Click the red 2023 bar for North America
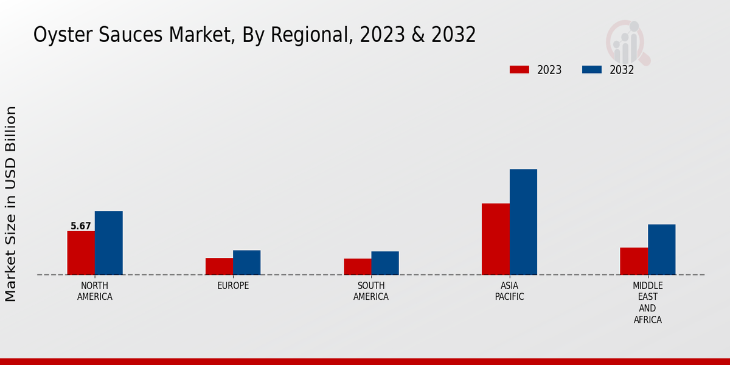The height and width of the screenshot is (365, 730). tap(81, 253)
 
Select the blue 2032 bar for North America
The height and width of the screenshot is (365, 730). tap(108, 243)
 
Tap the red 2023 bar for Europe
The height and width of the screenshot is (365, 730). tap(219, 266)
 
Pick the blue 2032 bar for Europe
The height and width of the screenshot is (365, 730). tap(246, 263)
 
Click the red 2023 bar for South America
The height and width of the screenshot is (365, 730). tap(357, 266)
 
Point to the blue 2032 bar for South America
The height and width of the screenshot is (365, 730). tap(385, 263)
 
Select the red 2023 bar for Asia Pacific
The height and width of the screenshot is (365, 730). tap(495, 239)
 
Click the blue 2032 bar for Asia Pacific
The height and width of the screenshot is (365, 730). tap(523, 222)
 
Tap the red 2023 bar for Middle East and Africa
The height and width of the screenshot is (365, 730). tap(634, 261)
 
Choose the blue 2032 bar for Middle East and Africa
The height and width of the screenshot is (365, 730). tap(661, 249)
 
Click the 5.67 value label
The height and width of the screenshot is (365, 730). tap(81, 226)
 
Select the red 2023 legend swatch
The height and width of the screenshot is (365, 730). tap(519, 69)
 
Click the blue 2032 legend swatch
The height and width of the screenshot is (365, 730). tap(591, 69)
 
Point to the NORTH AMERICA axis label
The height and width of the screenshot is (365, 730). tap(95, 291)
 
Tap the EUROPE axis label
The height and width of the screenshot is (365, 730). tap(233, 286)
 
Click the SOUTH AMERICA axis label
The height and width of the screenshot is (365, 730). tap(371, 291)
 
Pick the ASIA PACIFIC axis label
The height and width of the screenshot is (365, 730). tap(509, 291)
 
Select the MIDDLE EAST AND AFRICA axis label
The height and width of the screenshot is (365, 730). tap(647, 302)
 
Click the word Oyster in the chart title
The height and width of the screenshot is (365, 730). tap(57, 35)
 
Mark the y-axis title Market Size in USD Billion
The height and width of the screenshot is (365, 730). tap(11, 204)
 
